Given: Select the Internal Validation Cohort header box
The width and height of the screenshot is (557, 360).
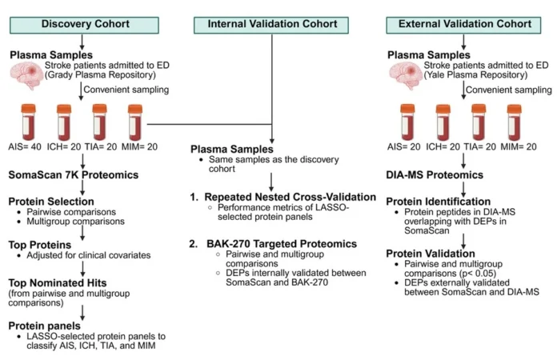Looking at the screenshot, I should pyautogui.click(x=272, y=24).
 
